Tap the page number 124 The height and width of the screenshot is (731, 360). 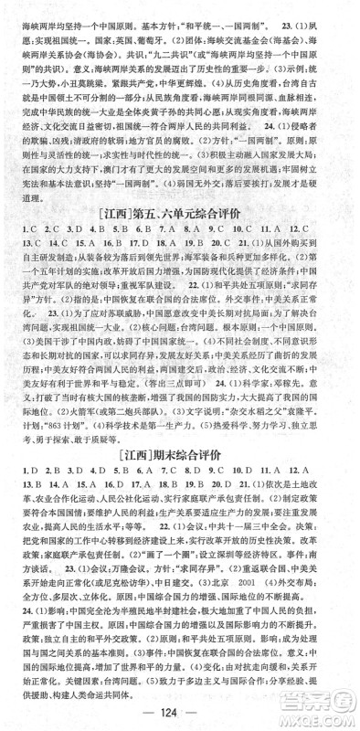(179, 711)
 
